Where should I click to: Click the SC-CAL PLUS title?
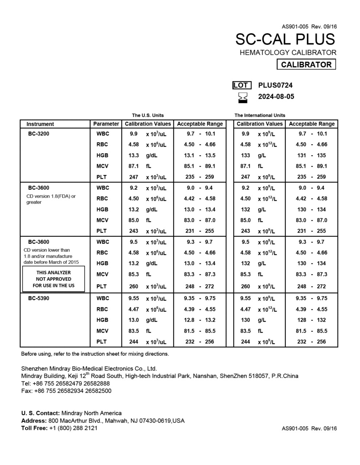point(285,39)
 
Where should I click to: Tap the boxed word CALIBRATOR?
point(306,65)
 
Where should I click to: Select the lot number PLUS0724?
point(275,85)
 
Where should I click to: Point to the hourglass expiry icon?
point(243,97)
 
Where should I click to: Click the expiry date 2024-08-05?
point(276,97)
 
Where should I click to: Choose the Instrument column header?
point(40,124)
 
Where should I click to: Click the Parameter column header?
point(106,124)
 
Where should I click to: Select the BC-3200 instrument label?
point(39,134)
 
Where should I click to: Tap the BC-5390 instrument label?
point(39,298)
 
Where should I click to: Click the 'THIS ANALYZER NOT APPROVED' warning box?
point(53,279)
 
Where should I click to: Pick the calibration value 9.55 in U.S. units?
point(133,298)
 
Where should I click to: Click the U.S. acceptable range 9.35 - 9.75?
point(200,298)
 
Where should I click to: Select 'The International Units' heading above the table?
point(260,115)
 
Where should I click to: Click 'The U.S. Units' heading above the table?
point(148,115)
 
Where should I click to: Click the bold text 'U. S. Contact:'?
point(40,413)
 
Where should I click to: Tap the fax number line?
point(66,391)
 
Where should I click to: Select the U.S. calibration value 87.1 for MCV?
point(133,166)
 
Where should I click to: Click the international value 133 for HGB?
point(245,155)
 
